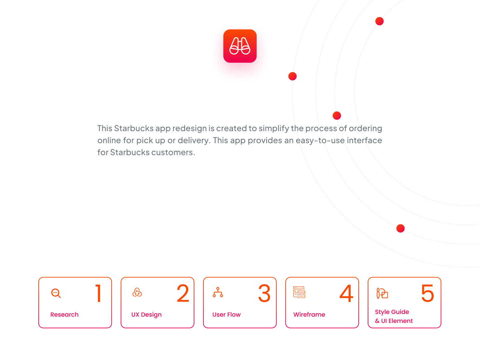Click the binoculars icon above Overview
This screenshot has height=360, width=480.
click(240, 46)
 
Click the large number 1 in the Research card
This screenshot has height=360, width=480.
click(98, 293)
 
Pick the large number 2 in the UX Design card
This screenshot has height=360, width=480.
click(183, 293)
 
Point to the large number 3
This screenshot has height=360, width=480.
click(264, 293)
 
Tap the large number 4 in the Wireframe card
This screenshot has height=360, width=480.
click(346, 293)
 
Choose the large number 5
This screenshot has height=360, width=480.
click(428, 293)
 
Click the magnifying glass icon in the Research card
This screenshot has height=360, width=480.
click(56, 293)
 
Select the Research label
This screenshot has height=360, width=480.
click(64, 315)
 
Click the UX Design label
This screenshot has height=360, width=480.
click(146, 315)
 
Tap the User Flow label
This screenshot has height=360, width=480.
click(226, 315)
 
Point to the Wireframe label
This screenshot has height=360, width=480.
click(309, 315)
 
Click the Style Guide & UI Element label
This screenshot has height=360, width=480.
click(394, 316)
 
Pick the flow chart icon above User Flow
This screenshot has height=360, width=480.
click(218, 292)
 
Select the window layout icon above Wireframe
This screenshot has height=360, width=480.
click(299, 292)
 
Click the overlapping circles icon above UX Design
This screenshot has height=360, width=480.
click(137, 293)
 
